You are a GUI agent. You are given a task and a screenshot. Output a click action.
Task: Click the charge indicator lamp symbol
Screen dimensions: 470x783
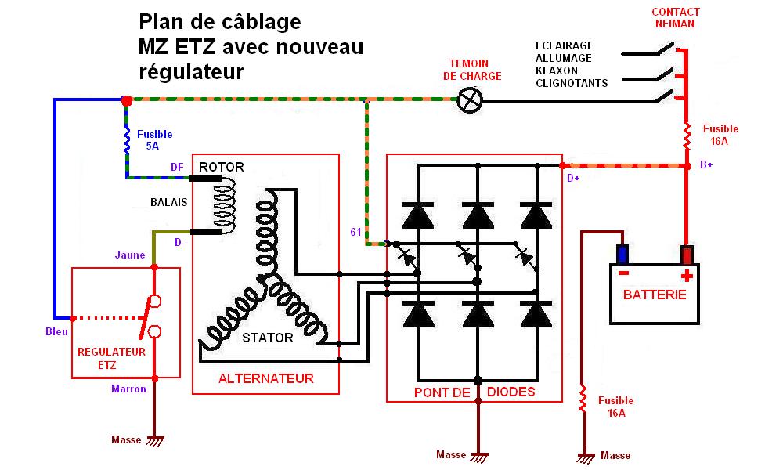tap(470, 99)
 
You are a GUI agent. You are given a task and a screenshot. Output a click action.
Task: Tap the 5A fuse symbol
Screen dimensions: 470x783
tap(127, 140)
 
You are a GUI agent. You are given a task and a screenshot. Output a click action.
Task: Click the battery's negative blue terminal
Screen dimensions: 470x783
tap(622, 255)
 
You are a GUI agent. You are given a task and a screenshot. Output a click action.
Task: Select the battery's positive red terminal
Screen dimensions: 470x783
tap(687, 255)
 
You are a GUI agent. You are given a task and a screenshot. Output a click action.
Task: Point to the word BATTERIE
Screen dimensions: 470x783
tap(655, 295)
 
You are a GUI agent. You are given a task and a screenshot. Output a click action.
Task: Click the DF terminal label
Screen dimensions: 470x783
tap(177, 167)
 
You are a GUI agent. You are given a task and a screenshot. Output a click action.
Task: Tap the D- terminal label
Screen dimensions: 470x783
tap(179, 243)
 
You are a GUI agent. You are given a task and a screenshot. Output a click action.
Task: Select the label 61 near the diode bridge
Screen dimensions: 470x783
tap(355, 232)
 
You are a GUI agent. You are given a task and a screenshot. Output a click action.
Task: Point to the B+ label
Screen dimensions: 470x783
tap(707, 166)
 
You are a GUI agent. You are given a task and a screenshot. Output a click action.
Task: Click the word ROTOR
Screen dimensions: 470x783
tap(222, 167)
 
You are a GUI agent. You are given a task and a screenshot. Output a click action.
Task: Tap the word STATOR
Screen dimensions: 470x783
tap(267, 338)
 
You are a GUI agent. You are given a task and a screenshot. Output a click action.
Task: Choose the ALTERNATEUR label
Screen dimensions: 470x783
tap(265, 378)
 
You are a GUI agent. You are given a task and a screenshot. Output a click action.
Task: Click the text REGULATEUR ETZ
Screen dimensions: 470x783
tap(111, 358)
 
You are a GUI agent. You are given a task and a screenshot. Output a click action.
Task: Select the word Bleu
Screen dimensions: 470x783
tap(57, 331)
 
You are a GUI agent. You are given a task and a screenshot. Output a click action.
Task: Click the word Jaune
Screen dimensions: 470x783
tap(130, 255)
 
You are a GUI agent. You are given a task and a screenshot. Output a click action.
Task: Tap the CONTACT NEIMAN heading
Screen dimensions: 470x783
tap(676, 18)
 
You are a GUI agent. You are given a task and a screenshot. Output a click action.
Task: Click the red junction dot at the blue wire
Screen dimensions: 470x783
tap(126, 100)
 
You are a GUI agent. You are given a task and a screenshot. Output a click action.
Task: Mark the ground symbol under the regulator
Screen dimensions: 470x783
tap(155, 441)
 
